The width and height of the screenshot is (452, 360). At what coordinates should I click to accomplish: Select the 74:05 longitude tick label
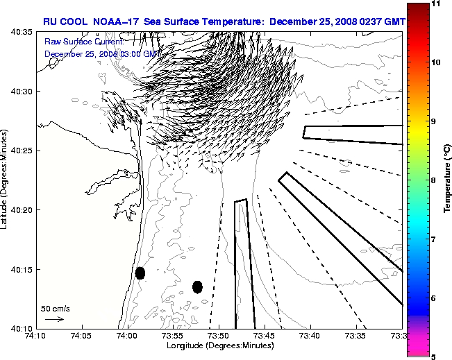coord(83,336)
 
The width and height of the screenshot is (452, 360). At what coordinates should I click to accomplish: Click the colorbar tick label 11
coord(436,4)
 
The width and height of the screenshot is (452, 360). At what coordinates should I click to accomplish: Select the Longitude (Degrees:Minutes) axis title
coord(219,345)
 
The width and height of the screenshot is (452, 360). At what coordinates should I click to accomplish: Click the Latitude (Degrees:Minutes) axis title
coord(5,180)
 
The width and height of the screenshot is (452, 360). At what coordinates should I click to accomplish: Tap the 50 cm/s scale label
coord(56,309)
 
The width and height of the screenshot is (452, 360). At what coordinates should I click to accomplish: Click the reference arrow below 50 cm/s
coord(54,319)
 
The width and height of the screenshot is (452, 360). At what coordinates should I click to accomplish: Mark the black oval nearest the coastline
coord(140,273)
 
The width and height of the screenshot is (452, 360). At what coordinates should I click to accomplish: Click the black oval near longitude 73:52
coord(197,286)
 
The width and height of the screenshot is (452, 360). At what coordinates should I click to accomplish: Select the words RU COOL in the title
coord(60,22)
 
